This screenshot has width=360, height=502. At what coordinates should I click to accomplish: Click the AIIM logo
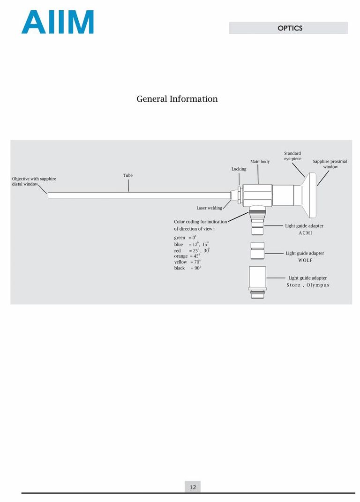coord(58,22)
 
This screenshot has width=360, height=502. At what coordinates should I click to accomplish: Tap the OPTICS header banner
coord(288,28)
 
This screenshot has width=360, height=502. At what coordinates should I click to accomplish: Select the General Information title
coord(177,98)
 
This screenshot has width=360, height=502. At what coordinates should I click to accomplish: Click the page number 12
coord(193,487)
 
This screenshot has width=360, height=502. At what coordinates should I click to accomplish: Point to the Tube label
coord(128,175)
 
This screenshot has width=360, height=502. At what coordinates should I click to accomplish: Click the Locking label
coord(239,169)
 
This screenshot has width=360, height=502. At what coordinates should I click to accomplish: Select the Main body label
coord(260,162)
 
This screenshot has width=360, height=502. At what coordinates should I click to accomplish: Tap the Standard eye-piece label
coord(293,156)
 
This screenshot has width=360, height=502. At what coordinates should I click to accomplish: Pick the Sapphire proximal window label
coord(330,164)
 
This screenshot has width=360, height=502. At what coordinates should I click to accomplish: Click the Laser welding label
coord(209,208)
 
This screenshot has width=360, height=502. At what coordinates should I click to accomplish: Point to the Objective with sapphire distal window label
coord(34,181)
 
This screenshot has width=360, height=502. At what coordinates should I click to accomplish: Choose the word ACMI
coord(305,233)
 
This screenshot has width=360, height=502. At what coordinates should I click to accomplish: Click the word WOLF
coord(305,260)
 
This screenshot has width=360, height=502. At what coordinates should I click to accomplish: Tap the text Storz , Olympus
coord(308,285)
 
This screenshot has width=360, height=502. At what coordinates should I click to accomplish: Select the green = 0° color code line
coord(185,238)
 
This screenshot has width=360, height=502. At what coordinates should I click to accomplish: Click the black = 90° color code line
coord(187,268)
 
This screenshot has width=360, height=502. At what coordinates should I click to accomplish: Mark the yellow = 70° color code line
coord(187,262)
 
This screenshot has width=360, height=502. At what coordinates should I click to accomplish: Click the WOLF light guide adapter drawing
coord(257,251)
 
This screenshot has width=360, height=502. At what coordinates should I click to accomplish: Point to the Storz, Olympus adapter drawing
coord(257,282)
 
